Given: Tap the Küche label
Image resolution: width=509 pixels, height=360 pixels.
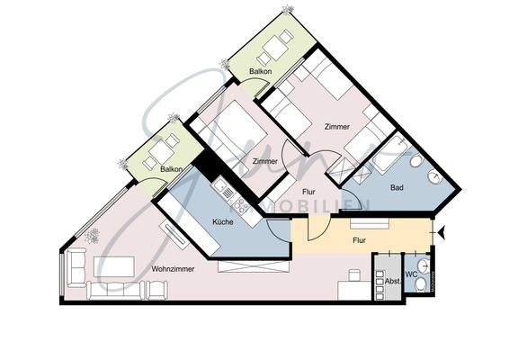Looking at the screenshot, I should [x=223, y=221].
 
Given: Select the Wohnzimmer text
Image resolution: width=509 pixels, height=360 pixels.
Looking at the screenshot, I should [x=148, y=267].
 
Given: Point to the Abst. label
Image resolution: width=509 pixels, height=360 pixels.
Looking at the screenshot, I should [x=391, y=282].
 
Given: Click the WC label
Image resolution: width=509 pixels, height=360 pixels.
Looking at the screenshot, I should [x=411, y=274].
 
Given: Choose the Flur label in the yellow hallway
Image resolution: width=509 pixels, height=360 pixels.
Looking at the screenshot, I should [x=358, y=240].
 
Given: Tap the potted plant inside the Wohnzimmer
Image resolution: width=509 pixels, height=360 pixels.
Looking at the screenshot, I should [x=92, y=236].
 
